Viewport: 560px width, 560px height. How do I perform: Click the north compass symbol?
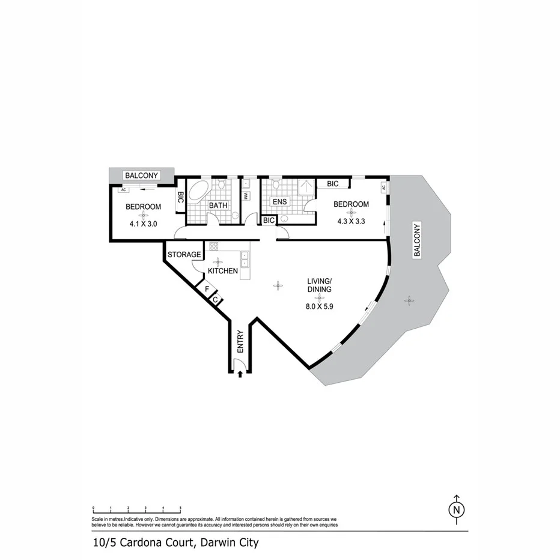(457, 510)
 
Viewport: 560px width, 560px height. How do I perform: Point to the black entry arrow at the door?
(240, 374)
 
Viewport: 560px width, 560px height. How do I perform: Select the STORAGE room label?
(184, 255)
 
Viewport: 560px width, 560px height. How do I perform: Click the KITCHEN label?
(223, 272)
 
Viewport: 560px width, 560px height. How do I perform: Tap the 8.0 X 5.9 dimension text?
(320, 305)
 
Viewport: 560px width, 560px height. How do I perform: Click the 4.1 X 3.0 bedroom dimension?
(143, 224)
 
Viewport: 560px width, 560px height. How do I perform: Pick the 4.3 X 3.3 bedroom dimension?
(352, 221)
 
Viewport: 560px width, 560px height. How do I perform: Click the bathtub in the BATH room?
(198, 193)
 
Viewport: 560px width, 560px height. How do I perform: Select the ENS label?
(280, 202)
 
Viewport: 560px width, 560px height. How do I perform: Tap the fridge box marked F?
(207, 289)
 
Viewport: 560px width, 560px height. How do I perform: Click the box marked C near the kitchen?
(215, 299)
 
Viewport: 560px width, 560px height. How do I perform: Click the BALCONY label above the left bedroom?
(141, 175)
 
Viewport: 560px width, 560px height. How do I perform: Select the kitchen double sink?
(245, 259)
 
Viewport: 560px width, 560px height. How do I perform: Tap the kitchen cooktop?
(213, 246)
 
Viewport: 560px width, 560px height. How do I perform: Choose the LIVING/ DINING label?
(320, 285)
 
